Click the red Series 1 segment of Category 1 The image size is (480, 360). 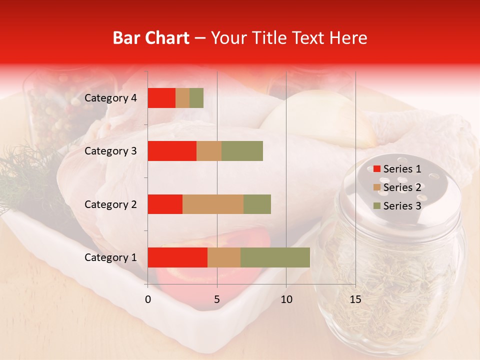(x=177, y=257)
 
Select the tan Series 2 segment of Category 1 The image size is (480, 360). (x=224, y=257)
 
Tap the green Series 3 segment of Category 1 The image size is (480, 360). (x=275, y=257)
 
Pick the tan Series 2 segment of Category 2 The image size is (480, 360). (x=213, y=204)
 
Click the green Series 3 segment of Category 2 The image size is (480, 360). (x=257, y=204)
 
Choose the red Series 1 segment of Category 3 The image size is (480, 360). (x=172, y=151)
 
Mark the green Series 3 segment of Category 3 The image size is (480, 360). (x=242, y=151)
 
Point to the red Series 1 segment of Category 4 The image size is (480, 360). (x=161, y=98)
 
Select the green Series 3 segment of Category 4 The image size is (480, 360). (x=196, y=98)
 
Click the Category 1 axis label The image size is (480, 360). (x=110, y=257)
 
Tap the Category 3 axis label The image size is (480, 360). (x=110, y=151)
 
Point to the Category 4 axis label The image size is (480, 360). (x=110, y=98)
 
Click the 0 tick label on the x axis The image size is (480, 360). (x=148, y=299)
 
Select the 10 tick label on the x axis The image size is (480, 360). (x=286, y=299)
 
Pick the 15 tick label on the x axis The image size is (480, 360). (x=355, y=299)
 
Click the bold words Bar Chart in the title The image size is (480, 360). (x=151, y=38)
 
